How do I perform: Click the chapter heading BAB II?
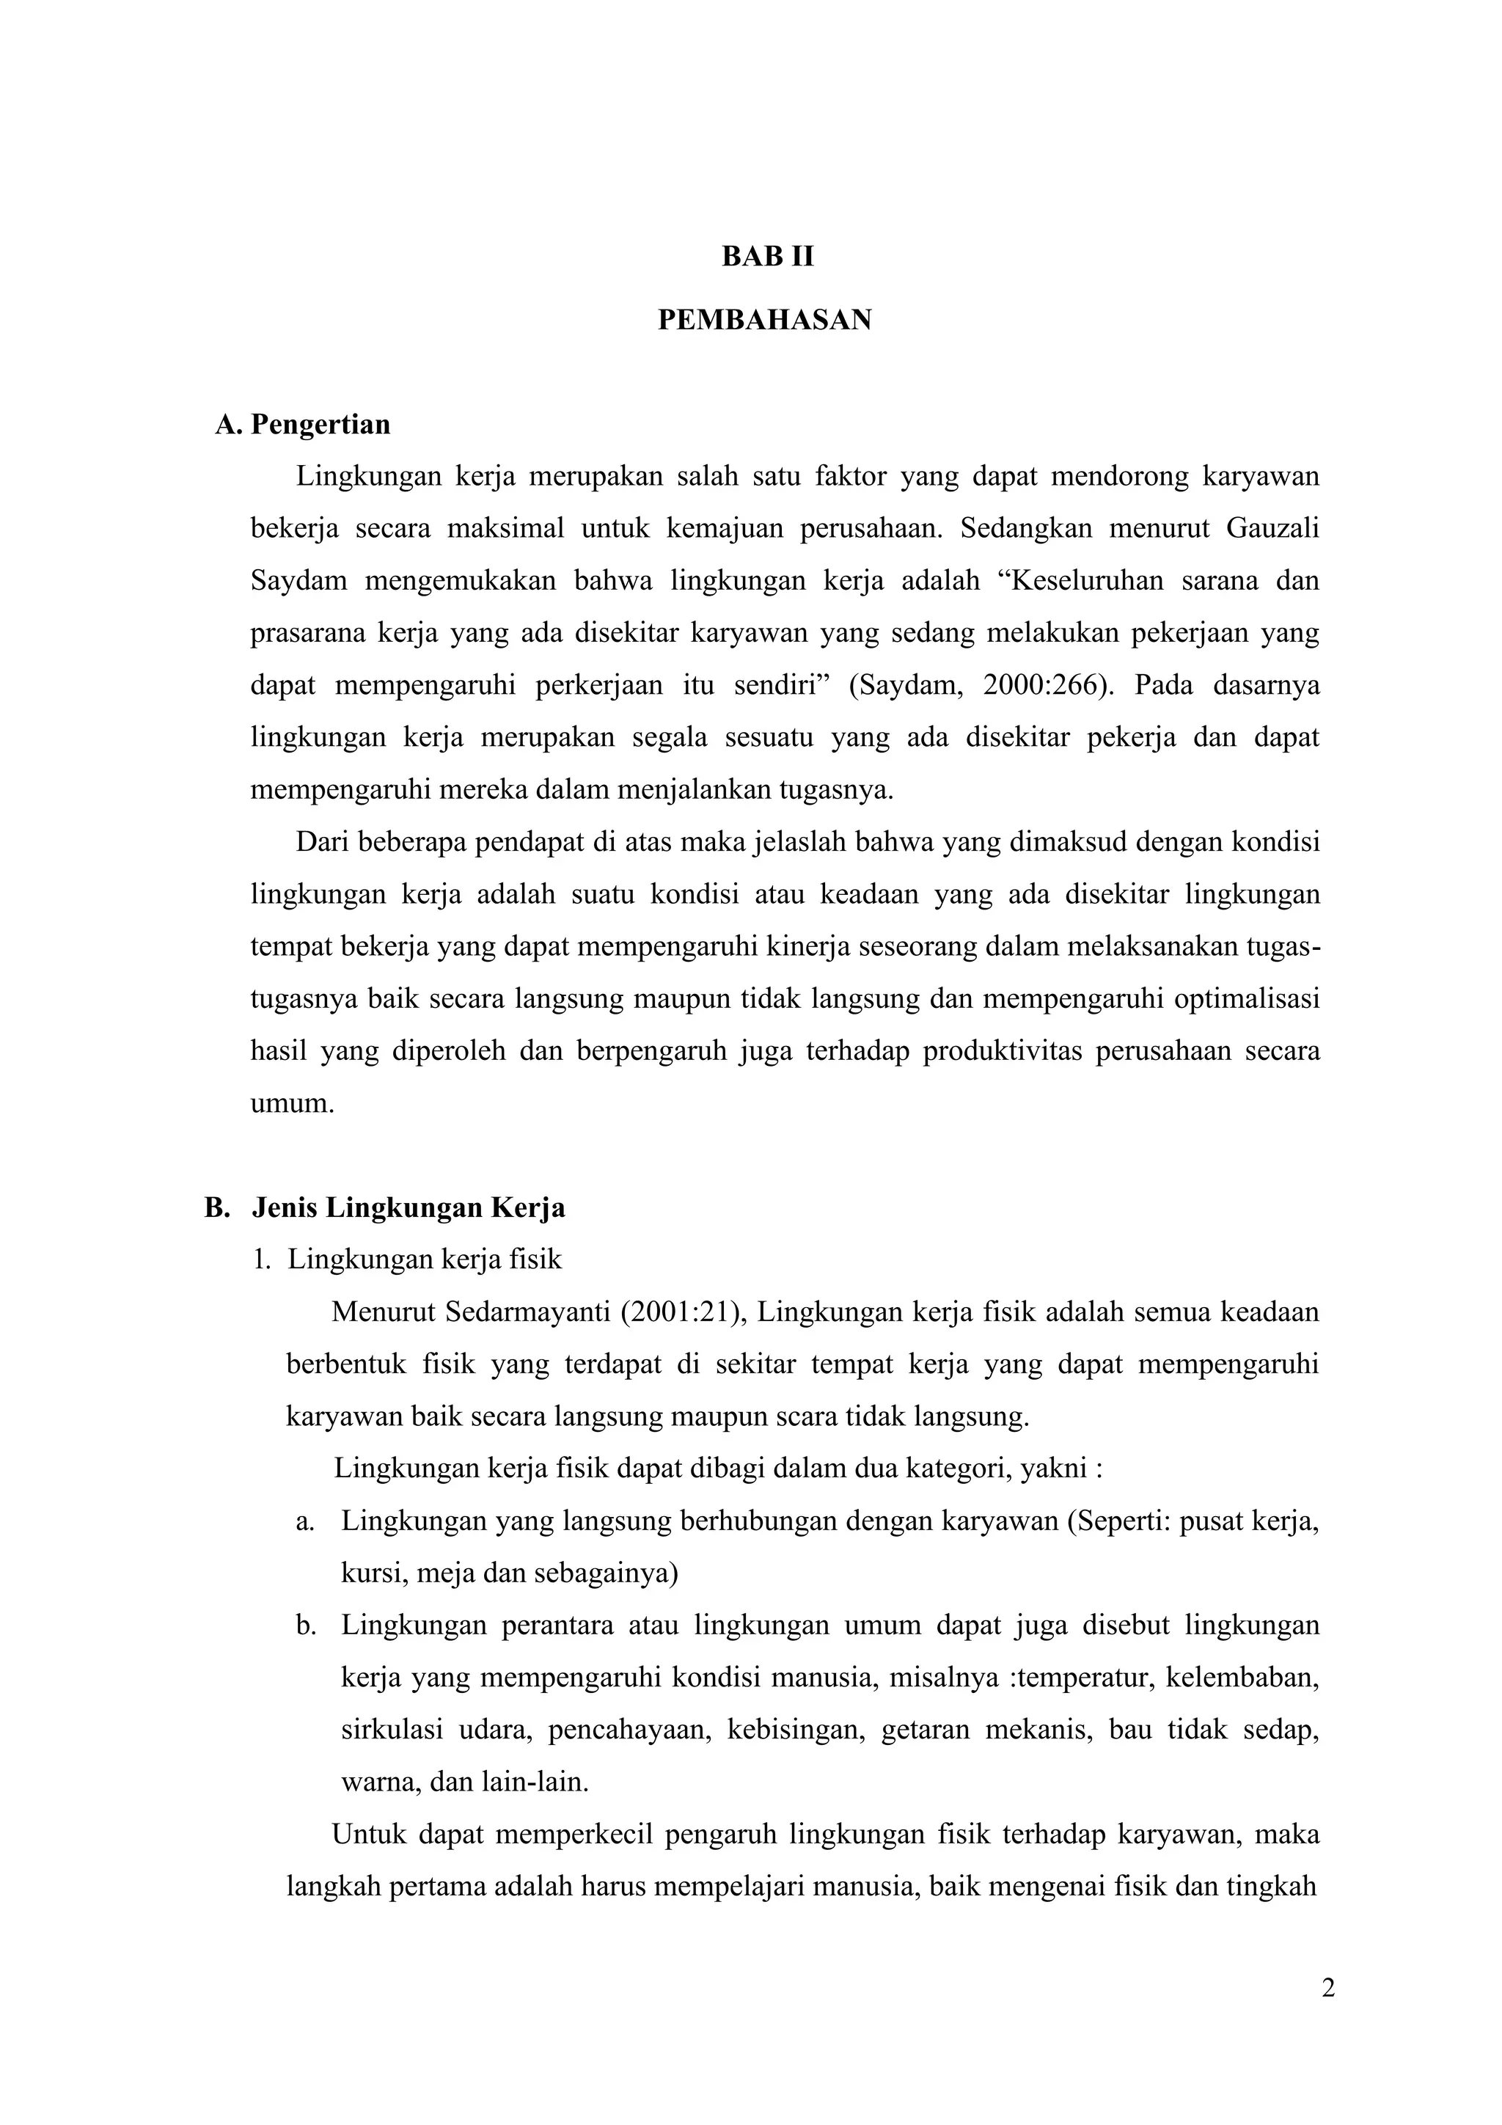[767, 257]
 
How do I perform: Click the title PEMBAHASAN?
[764, 321]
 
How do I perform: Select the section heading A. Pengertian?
[303, 425]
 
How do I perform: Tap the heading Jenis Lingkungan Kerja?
[408, 1208]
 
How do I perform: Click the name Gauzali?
[1272, 528]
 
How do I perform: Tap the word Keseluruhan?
[1078, 581]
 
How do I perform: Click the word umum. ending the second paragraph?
[291, 1104]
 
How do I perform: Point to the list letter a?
[305, 1521]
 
